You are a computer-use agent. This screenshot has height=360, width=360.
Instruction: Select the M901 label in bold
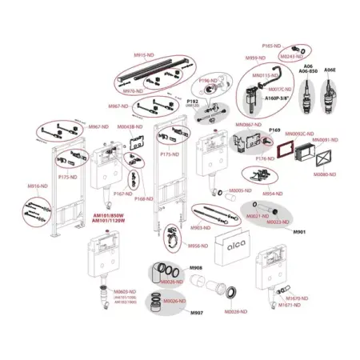click(x=300, y=230)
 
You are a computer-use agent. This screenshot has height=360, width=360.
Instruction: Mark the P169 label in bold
click(x=274, y=129)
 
